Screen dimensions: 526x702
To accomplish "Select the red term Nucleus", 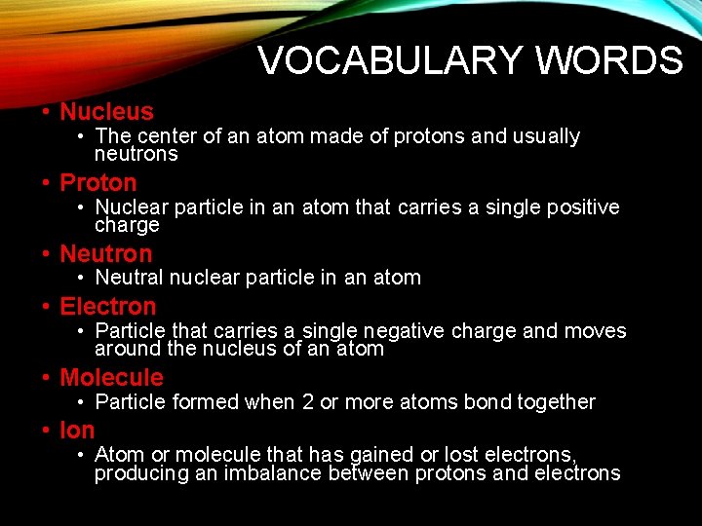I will click(x=106, y=112).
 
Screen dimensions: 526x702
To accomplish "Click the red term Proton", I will click(x=98, y=182).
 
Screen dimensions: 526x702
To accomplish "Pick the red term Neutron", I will click(x=106, y=254).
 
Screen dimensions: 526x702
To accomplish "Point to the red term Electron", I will click(x=107, y=307).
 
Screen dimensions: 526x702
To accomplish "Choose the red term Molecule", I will click(x=111, y=378).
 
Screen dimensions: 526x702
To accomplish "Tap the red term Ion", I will click(x=77, y=431).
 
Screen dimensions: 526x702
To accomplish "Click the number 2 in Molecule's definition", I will click(x=308, y=402).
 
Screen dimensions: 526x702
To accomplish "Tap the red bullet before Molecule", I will click(x=46, y=378).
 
